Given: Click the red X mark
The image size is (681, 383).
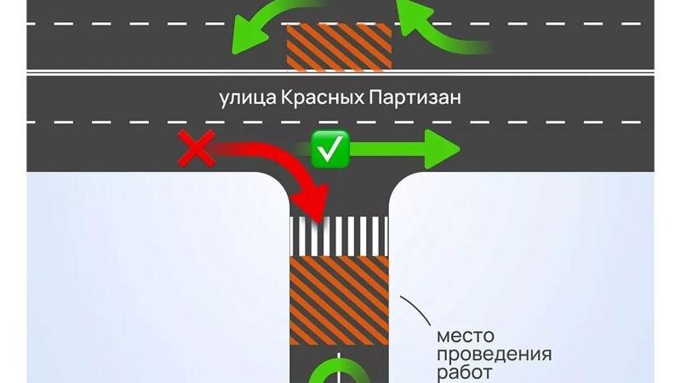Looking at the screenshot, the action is [195, 151].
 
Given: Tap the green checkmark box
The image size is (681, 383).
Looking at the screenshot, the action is [327, 149].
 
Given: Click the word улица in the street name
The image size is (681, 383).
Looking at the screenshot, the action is [246, 98].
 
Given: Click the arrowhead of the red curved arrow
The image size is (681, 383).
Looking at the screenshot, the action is [316, 208].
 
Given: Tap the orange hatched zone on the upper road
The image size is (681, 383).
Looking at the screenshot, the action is [340, 48].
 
